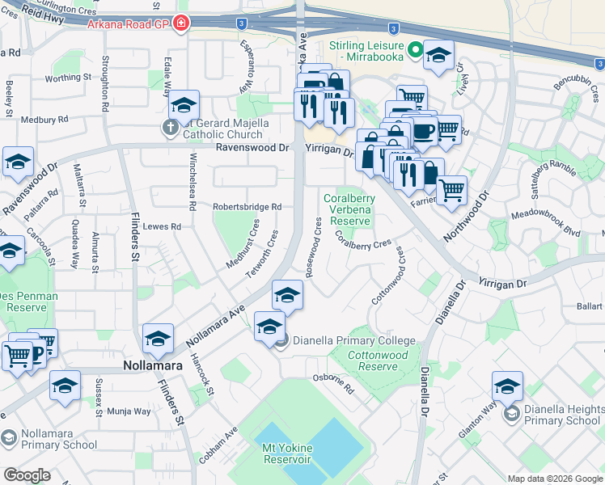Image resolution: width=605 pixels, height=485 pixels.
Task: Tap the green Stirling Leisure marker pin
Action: coord(416,51)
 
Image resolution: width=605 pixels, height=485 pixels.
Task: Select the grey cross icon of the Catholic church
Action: coord(171,127)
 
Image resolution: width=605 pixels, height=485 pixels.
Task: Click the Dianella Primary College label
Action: coord(353,340)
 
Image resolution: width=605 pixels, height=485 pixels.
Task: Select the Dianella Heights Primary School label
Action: coord(561,415)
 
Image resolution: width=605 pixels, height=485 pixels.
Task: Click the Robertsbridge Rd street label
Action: coord(247,207)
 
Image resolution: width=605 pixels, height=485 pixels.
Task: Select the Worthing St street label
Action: coord(67,78)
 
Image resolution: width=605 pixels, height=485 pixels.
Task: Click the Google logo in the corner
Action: coord(27,475)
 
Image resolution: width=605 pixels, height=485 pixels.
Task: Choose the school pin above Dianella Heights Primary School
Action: coord(507,385)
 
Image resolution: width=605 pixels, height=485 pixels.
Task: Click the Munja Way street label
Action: coord(129,411)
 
